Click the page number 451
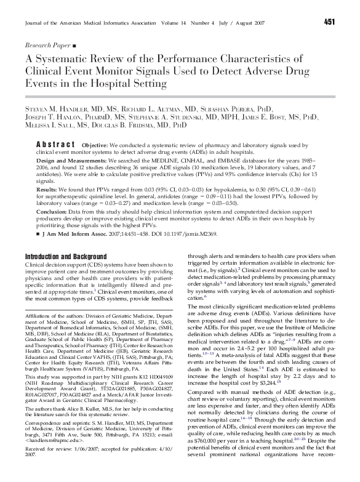(329, 23)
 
